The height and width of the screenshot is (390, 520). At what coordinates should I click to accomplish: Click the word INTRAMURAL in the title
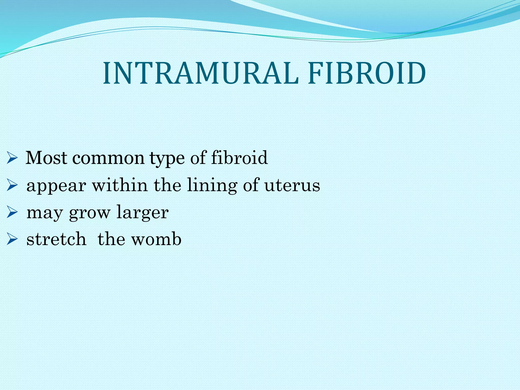coord(201,74)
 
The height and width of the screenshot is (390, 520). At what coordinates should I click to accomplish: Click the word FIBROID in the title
coord(367,74)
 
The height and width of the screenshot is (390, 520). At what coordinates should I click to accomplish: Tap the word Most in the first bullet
coord(47,158)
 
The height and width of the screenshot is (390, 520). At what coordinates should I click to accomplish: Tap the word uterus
coord(292,185)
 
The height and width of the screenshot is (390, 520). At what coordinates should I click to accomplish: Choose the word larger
coord(142,213)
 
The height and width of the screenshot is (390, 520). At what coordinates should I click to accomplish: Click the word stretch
coord(56,239)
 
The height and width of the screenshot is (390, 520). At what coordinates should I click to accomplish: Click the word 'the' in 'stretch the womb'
coord(111,239)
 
